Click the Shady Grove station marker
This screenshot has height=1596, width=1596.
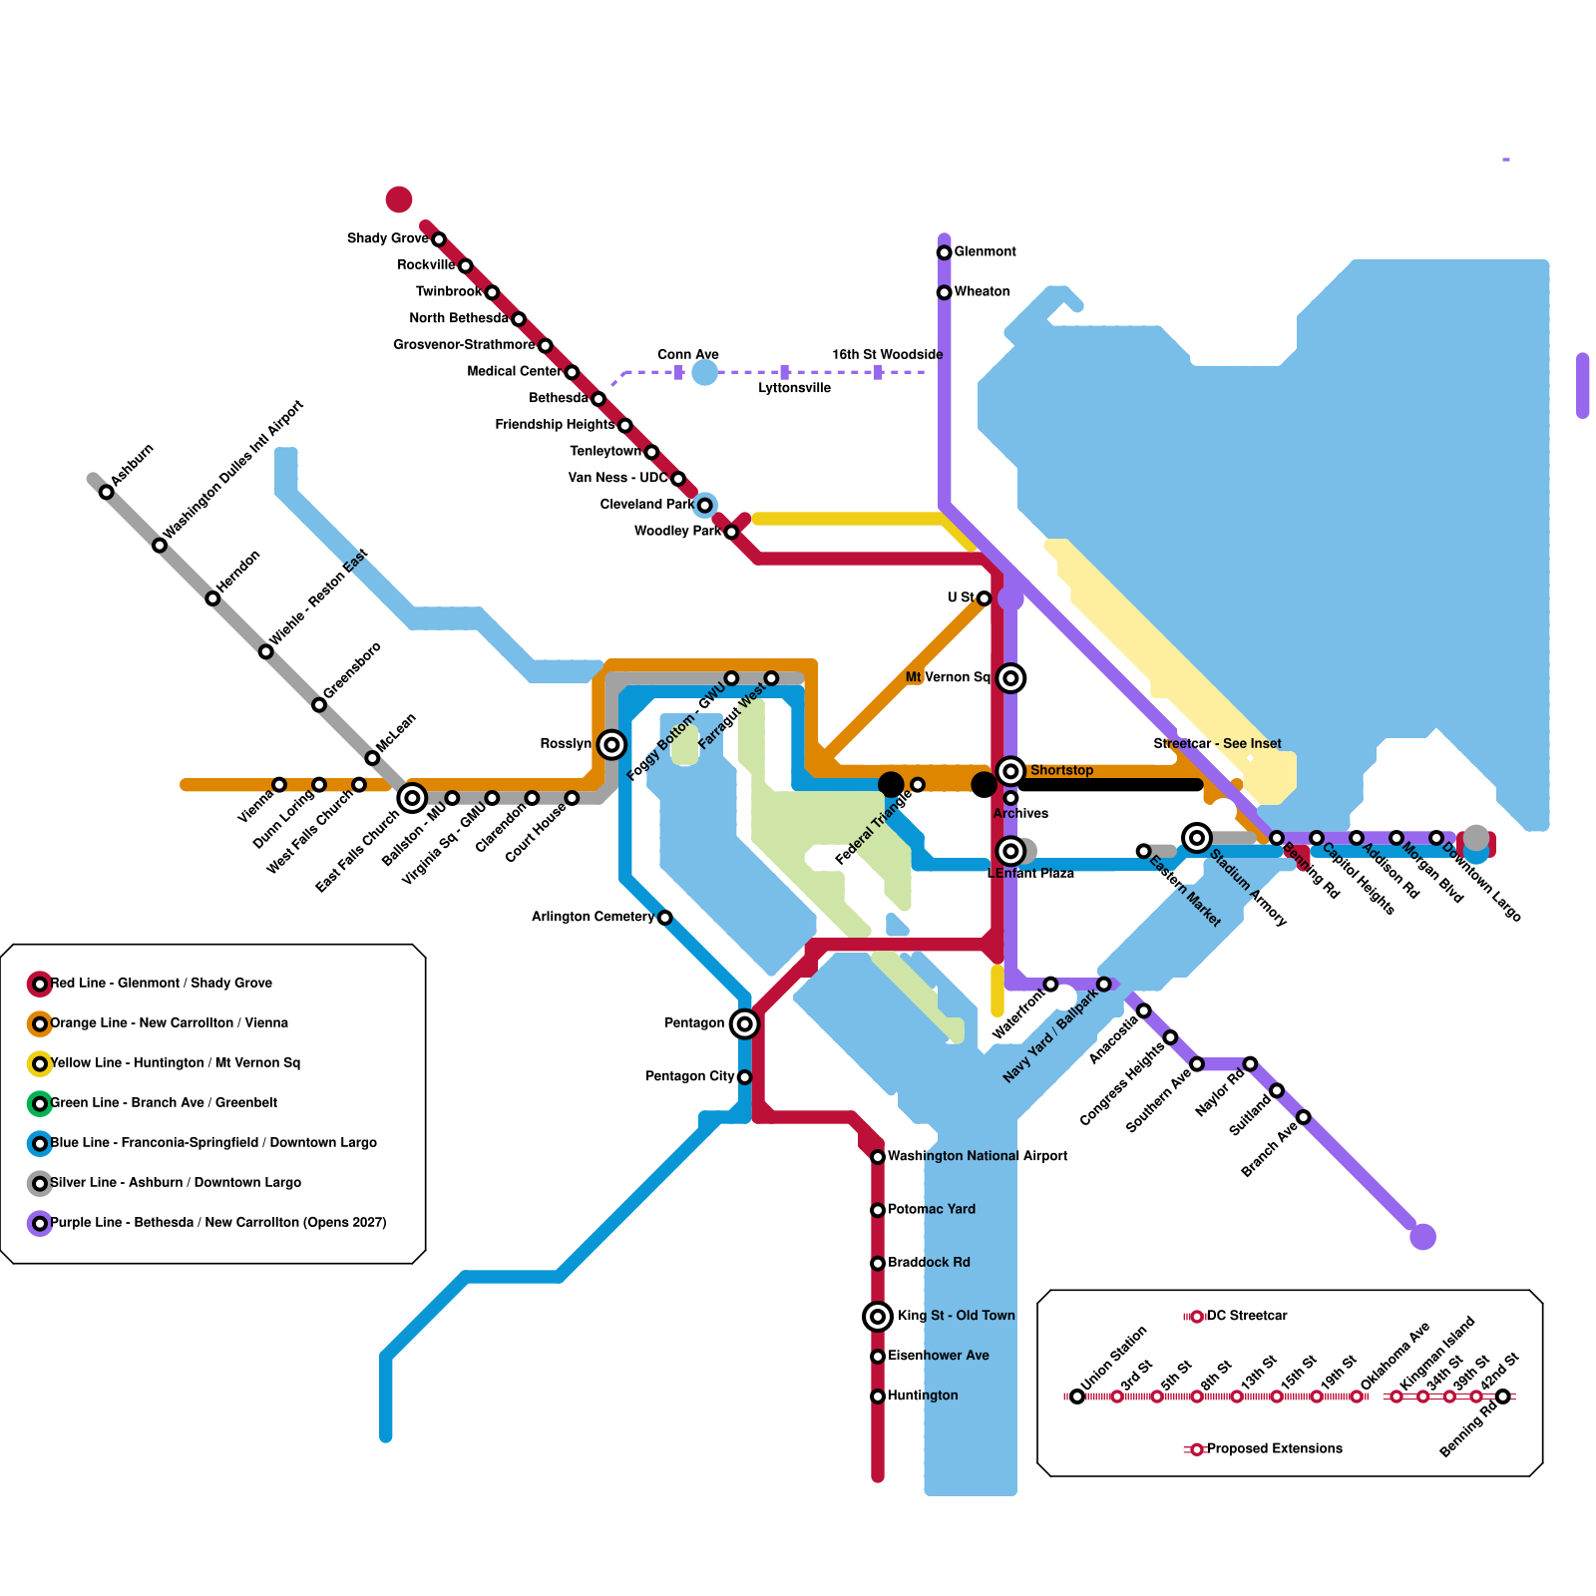click(439, 239)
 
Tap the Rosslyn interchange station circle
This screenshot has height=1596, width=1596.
click(611, 744)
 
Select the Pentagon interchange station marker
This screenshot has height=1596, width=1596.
click(744, 1023)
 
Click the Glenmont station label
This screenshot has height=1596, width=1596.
click(985, 251)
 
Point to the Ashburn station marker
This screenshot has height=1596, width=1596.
click(107, 492)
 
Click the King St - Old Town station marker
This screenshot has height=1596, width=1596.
click(878, 1317)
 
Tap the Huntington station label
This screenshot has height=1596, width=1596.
click(923, 1396)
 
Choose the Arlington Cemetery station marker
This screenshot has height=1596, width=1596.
click(665, 918)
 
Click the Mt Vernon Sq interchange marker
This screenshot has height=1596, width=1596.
click(1010, 678)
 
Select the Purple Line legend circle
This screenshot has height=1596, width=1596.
click(40, 1223)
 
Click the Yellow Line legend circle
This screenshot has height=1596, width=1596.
click(40, 1063)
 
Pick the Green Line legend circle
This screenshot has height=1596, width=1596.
click(40, 1103)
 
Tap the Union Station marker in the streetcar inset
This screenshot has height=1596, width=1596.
click(1077, 1396)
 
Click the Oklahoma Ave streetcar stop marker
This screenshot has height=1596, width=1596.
click(1357, 1396)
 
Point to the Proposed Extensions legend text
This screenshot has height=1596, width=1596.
click(1274, 1448)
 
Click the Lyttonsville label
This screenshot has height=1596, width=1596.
click(794, 388)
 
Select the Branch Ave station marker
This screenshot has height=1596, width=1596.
click(1303, 1117)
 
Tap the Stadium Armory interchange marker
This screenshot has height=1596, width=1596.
click(1197, 838)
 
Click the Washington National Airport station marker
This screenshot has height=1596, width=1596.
click(878, 1157)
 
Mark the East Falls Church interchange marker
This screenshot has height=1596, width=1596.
click(412, 798)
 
